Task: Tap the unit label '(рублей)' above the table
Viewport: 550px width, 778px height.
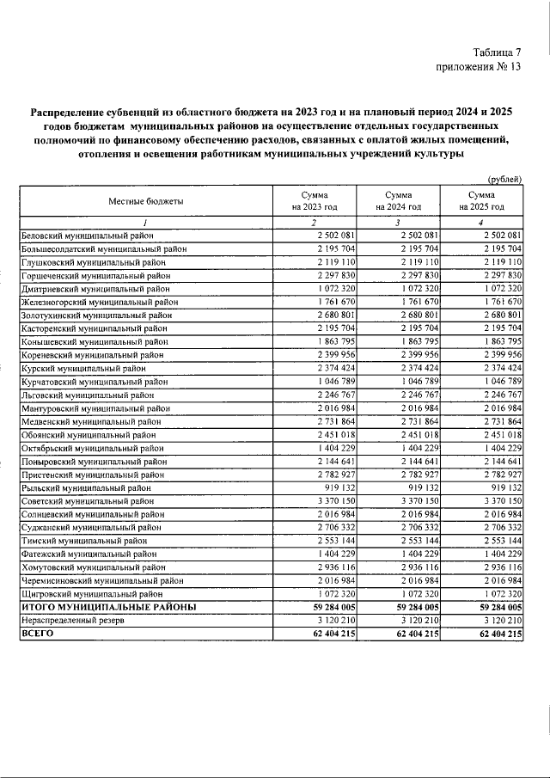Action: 504,179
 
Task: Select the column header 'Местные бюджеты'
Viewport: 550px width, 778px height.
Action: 145,201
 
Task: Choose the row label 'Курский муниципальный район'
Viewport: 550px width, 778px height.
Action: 82,366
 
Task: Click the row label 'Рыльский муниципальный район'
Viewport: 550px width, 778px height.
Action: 86,487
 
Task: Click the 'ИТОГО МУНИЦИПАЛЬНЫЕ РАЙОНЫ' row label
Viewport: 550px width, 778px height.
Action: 108,606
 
